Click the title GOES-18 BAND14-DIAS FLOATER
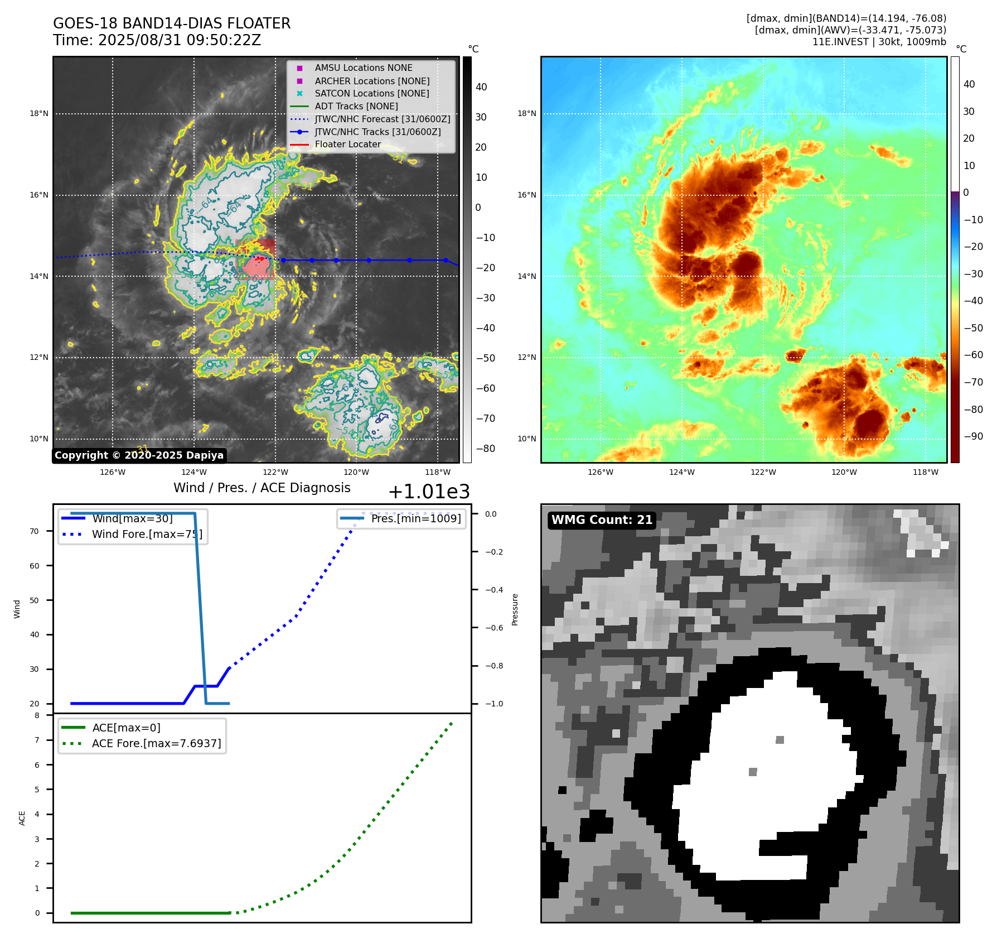172,23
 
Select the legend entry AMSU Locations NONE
363,68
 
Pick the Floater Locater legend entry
347,144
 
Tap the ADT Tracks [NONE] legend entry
356,106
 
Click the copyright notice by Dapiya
139,455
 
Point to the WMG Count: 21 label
602,520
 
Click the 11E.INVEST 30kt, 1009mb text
879,42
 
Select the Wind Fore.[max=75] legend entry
147,534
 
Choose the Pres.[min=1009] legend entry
416,518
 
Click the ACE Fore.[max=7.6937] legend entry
156,743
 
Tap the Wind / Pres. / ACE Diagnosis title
262,488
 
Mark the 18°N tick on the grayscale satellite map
39,114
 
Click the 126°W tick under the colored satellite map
600,472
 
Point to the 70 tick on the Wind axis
35,531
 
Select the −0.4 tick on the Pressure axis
493,590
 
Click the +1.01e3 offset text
429,492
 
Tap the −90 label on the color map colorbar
973,436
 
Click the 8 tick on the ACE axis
37,715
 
